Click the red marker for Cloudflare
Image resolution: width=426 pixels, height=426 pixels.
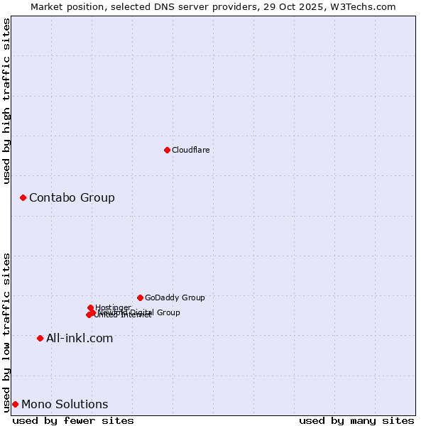[x=167, y=150]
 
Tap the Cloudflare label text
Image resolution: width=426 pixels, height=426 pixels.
[x=190, y=150]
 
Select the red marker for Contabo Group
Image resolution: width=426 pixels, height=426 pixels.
[x=23, y=197]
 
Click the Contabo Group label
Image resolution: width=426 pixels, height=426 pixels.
[x=72, y=197]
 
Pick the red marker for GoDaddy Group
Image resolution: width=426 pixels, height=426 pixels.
[x=140, y=297]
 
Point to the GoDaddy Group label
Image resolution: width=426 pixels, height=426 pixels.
[x=175, y=297]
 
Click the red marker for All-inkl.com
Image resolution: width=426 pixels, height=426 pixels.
[x=40, y=338]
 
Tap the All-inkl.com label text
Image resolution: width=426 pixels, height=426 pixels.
[x=80, y=338]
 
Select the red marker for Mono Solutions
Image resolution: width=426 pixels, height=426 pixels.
[x=15, y=404]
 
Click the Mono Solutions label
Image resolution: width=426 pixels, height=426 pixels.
[x=65, y=404]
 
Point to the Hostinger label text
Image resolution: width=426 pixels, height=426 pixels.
[x=113, y=307]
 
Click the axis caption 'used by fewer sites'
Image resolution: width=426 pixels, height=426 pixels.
[x=73, y=420]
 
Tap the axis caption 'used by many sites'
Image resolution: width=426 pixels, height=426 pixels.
[x=356, y=420]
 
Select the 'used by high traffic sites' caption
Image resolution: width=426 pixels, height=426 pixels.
[x=7, y=101]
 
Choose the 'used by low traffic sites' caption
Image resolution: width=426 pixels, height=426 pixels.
[x=7, y=332]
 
